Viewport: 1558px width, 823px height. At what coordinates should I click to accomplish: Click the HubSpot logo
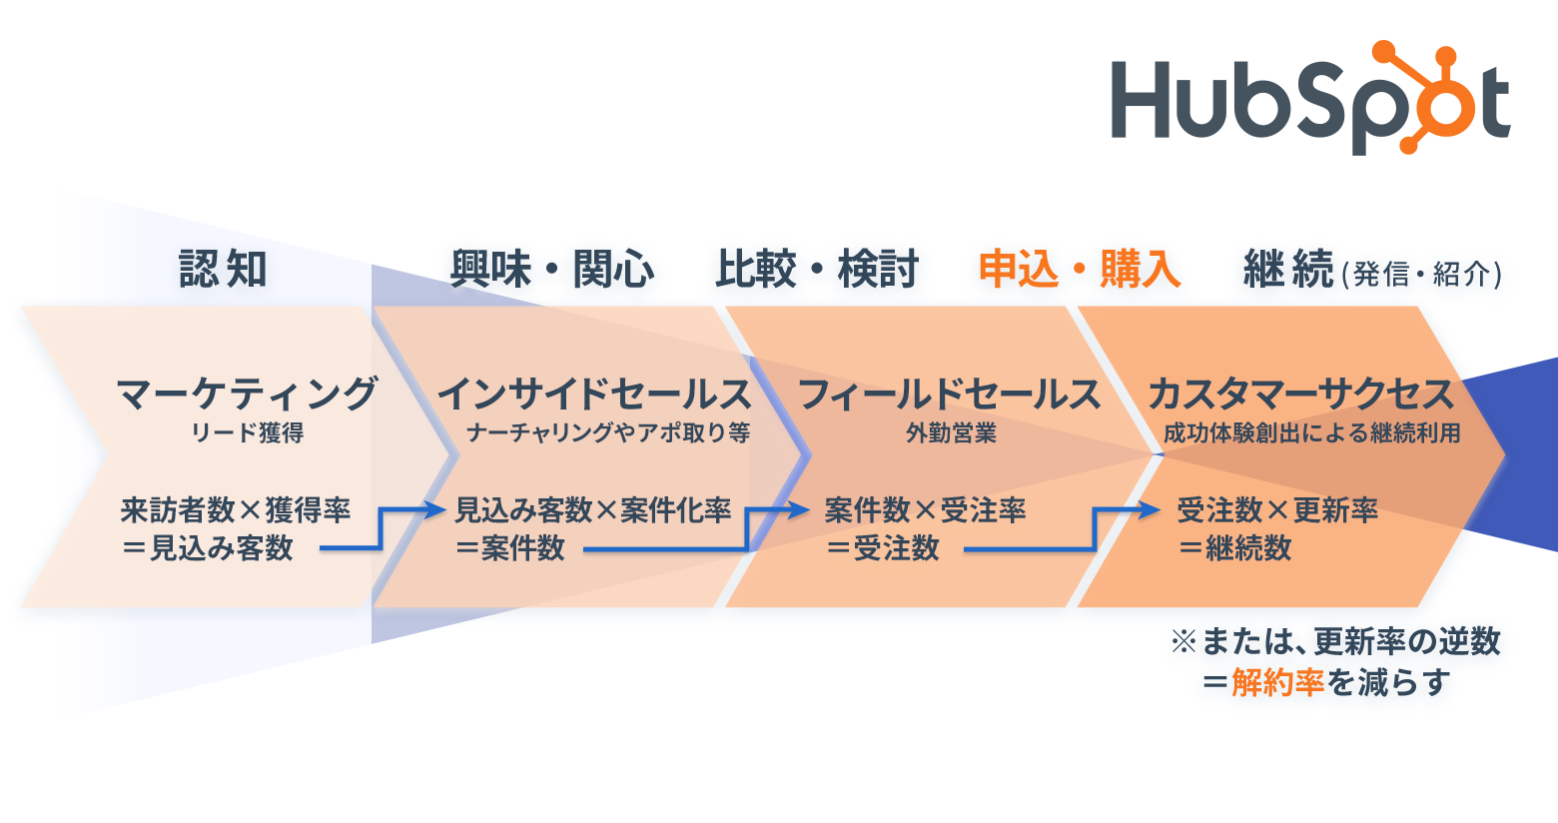click(1311, 99)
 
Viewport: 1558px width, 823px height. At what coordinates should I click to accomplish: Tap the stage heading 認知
click(224, 270)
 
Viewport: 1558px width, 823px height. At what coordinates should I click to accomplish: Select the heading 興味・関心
click(552, 270)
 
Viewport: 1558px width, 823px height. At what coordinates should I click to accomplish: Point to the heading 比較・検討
click(817, 270)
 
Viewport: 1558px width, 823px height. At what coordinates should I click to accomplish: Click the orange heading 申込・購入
click(1081, 270)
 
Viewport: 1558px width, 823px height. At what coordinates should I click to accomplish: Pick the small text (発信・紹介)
click(1422, 274)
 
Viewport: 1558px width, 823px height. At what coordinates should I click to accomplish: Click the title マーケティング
click(247, 394)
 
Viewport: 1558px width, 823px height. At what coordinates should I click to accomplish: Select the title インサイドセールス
click(594, 394)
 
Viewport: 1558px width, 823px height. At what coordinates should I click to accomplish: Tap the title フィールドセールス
click(950, 394)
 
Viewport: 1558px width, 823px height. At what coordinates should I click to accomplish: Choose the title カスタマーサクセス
click(1301, 394)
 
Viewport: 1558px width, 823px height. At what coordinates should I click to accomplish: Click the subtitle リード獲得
click(248, 433)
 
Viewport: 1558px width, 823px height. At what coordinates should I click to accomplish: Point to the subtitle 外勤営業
click(951, 433)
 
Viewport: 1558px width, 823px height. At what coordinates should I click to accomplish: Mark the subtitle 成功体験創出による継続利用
click(1311, 433)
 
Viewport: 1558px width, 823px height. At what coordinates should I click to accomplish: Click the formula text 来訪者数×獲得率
click(236, 510)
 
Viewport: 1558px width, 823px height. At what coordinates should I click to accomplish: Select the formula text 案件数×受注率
click(925, 510)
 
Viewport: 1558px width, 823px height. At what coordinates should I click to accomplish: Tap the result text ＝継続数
click(1234, 548)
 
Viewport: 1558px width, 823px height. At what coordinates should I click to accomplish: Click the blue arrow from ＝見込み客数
click(381, 528)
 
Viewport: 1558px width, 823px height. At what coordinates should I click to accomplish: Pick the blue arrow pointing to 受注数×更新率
click(1094, 528)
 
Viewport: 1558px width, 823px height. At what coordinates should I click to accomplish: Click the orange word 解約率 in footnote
click(1277, 682)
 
